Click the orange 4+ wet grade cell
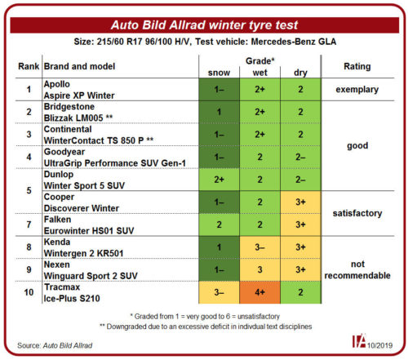[259, 292]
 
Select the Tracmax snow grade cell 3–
[219, 292]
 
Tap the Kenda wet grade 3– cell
[259, 247]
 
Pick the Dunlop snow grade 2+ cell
[219, 180]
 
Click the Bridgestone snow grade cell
[219, 112]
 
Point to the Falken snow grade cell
[219, 224]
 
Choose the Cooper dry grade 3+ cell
[300, 202]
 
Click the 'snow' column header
[219, 73]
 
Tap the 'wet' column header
[259, 73]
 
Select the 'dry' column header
[300, 73]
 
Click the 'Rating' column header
[357, 66]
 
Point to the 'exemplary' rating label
[357, 90]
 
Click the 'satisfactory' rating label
[357, 213]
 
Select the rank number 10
[29, 292]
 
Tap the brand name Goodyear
[64, 152]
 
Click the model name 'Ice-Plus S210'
[72, 298]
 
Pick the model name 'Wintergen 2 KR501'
[84, 253]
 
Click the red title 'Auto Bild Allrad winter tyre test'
[204, 25]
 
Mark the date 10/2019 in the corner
[379, 345]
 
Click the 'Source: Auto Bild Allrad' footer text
[55, 345]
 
